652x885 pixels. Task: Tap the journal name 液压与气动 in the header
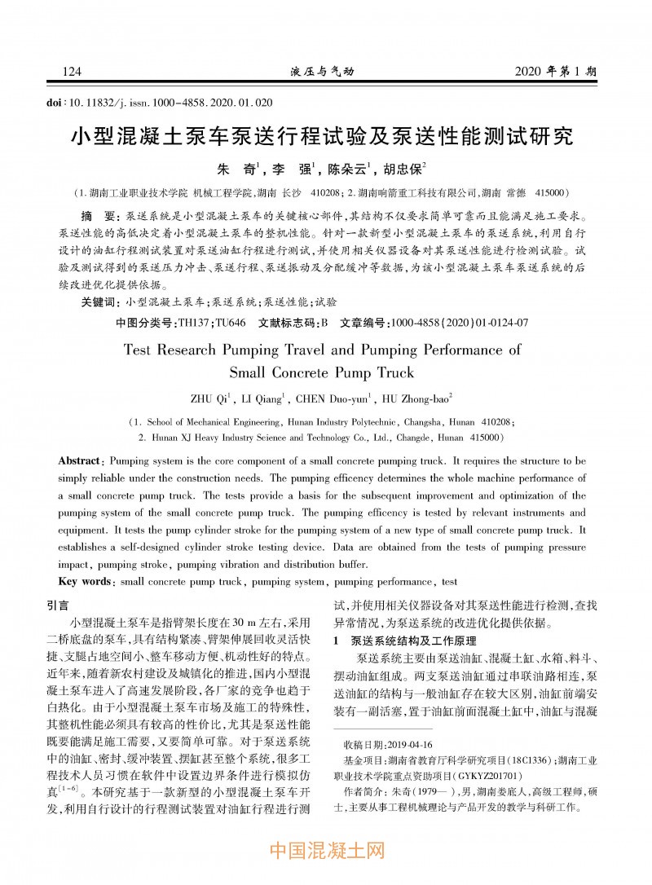click(x=322, y=72)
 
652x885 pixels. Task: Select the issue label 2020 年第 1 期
click(x=556, y=72)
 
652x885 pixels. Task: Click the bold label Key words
click(x=85, y=582)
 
